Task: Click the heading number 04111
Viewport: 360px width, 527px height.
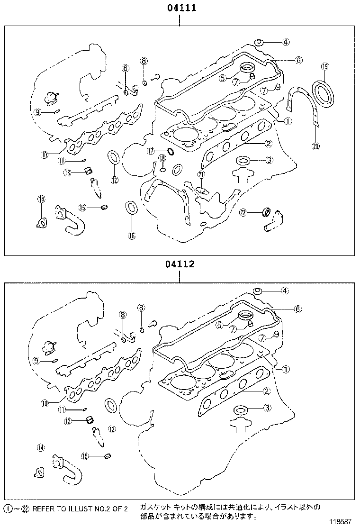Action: pos(180,8)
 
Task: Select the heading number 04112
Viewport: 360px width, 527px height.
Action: pos(180,264)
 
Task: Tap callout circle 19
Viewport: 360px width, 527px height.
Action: pos(324,67)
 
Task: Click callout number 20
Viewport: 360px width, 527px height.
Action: pos(316,146)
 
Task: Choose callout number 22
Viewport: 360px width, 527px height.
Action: pos(243,213)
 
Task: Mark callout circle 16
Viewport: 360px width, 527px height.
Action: pos(131,235)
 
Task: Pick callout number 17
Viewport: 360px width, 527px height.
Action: pos(151,151)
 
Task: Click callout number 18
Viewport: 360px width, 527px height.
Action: pos(162,158)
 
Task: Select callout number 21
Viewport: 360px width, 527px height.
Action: pos(201,175)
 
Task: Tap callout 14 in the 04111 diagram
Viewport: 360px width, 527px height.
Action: pos(41,200)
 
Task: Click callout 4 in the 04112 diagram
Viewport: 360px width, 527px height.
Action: pos(285,291)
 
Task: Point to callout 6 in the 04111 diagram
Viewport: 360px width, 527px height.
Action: pos(298,60)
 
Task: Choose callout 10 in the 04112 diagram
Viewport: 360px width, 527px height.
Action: pos(45,404)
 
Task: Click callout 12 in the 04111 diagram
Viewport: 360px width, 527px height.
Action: pos(114,180)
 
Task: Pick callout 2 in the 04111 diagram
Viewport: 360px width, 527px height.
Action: pos(268,143)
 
